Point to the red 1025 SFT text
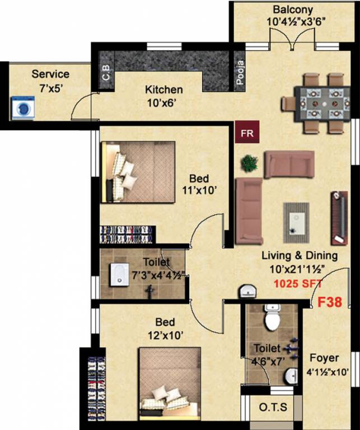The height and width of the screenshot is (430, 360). tap(294, 284)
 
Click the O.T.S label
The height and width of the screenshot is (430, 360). tap(273, 408)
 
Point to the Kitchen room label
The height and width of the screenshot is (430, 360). tap(163, 90)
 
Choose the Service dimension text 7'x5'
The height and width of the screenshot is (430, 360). tap(50, 87)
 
